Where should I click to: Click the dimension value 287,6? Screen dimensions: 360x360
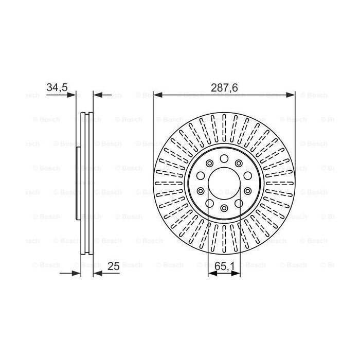[224, 88]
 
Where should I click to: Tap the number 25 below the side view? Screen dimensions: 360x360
[114, 266]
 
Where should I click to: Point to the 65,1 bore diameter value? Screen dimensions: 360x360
[224, 266]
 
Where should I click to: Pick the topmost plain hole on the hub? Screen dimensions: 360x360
[224, 158]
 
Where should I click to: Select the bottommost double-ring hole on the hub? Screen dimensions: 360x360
[224, 208]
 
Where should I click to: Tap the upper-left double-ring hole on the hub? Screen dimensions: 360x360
[209, 164]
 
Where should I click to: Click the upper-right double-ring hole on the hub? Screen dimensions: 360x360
[240, 164]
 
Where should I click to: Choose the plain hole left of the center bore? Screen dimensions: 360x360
[201, 191]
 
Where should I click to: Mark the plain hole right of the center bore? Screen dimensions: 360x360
[247, 191]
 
